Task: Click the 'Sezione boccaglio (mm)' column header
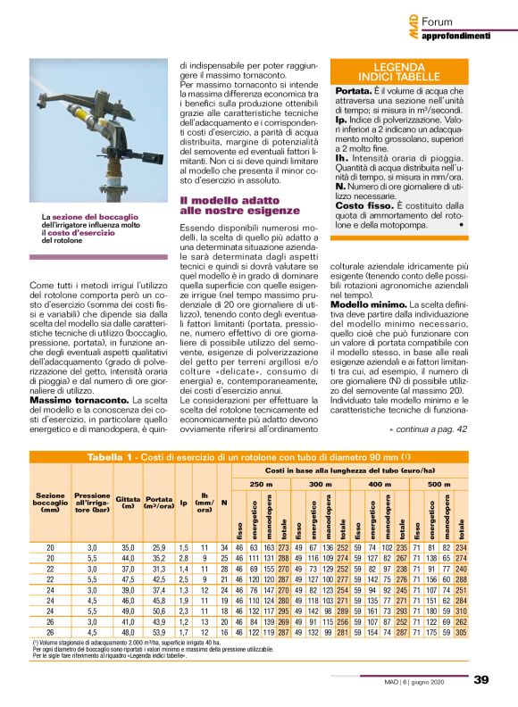click(51, 503)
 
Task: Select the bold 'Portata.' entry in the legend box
click(355, 91)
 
